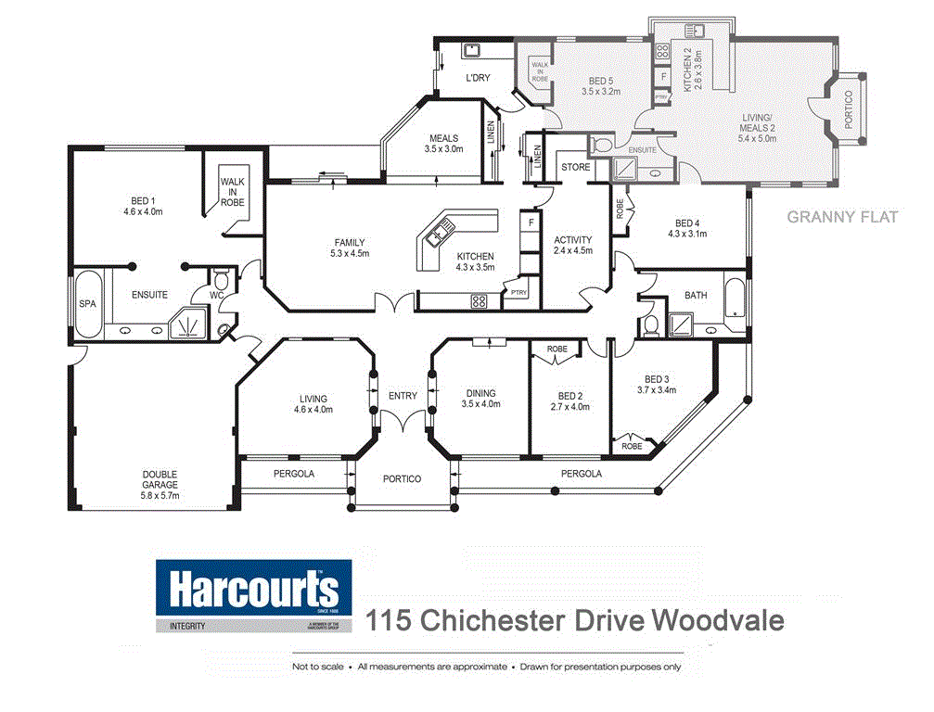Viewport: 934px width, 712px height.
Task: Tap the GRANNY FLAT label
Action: coord(842,217)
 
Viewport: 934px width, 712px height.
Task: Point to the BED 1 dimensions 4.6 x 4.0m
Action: coord(142,210)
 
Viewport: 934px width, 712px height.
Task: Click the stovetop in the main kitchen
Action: coord(480,300)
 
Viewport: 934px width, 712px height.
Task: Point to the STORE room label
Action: coord(575,167)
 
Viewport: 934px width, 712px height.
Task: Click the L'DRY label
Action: coord(478,78)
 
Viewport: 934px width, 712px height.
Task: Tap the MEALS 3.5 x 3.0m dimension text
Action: coord(443,148)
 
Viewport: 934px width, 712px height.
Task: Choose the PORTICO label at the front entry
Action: coord(403,479)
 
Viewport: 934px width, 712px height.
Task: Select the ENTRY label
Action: coord(403,396)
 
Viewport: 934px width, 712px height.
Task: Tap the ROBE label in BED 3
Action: coord(632,446)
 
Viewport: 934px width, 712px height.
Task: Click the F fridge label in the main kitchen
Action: coord(530,222)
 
